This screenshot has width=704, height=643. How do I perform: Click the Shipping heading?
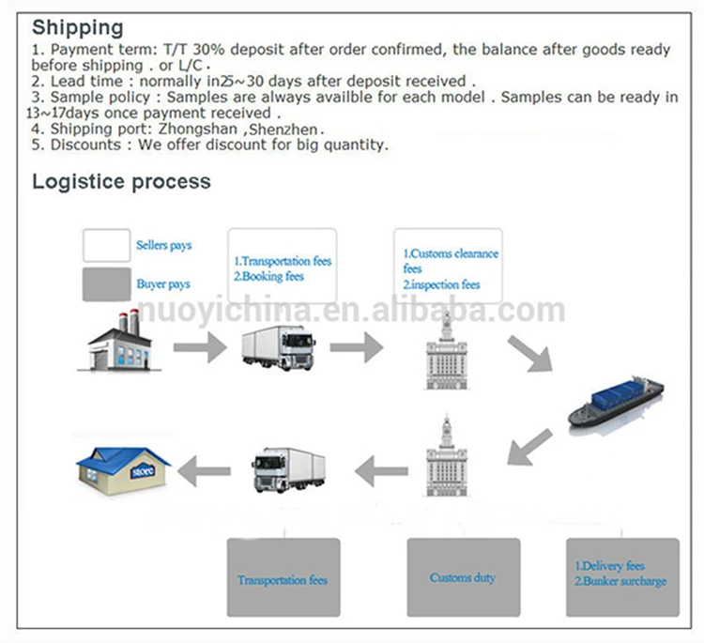[77, 27]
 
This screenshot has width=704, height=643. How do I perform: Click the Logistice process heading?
[121, 181]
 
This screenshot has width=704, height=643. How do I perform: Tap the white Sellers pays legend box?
[106, 245]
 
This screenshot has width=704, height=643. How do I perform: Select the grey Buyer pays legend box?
[106, 283]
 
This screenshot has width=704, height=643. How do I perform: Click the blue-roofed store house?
[124, 466]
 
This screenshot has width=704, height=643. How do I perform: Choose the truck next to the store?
[288, 467]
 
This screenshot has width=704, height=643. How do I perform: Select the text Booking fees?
[273, 277]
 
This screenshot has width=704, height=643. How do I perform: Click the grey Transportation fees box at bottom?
[283, 577]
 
